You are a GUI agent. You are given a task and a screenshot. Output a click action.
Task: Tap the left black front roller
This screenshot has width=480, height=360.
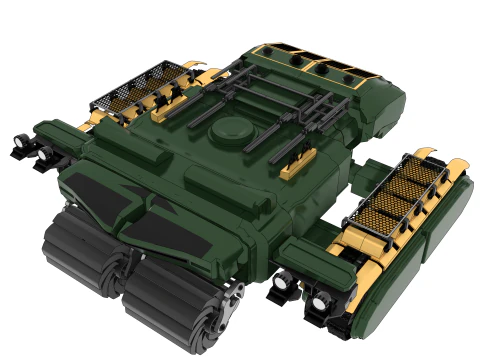point(80,250)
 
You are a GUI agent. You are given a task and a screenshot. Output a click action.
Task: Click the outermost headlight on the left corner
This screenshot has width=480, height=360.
point(19,151)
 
